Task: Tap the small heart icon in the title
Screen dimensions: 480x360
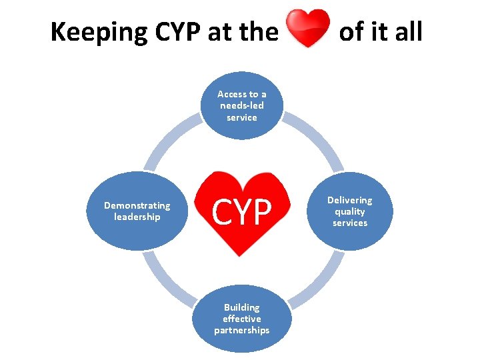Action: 308,28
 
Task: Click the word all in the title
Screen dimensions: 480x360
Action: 405,31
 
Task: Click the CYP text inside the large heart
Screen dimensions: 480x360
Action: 242,213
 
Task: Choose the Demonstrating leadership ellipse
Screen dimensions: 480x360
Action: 137,211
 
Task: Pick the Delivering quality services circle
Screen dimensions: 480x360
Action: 350,211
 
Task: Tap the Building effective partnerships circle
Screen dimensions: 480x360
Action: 242,319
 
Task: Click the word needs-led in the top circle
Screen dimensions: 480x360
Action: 242,106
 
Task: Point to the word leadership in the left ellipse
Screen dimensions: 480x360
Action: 137,217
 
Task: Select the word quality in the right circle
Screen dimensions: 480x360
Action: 350,211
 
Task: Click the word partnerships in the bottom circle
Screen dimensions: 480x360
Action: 242,330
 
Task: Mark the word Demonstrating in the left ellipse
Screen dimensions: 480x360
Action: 137,206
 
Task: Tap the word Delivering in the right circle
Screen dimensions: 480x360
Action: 350,200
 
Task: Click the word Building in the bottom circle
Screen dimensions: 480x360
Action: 242,307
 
